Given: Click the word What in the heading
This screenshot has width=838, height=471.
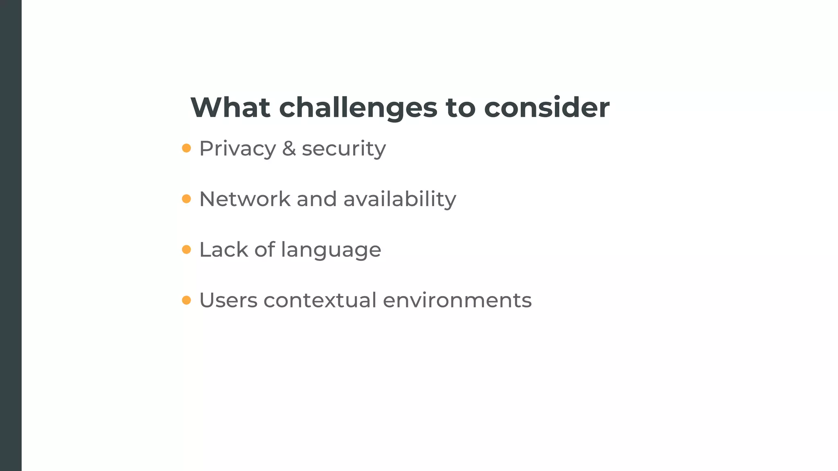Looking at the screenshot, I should coord(230,108).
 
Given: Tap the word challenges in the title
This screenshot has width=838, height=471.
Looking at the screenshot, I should coord(358,108).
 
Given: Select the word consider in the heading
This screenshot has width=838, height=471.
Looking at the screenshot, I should coord(547,108).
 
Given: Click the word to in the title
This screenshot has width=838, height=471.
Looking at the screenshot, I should coord(460,108).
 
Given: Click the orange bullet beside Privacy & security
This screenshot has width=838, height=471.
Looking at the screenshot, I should coord(186,148).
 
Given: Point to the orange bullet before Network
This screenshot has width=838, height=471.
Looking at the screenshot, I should coord(186,199).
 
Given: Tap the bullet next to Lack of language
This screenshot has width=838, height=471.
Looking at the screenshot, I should coord(186,249).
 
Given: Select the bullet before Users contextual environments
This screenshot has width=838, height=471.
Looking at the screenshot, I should coord(186,301).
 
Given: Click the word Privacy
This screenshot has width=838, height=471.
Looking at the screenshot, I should coord(237,149).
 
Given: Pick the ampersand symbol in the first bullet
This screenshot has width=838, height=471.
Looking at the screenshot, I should coord(289,148).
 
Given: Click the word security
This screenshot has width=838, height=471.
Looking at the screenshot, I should coord(344,149).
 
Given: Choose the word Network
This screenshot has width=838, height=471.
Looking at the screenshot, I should coord(245,199).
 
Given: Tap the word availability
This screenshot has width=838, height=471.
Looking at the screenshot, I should coord(399,200).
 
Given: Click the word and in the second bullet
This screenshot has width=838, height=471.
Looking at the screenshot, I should coord(317,199).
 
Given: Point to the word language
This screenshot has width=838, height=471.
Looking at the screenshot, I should coord(331,251).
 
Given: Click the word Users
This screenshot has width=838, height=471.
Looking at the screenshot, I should coord(228,301).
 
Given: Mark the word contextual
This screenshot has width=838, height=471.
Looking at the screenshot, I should coord(320,301).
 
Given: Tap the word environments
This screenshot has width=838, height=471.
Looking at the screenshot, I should coord(457,301).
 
